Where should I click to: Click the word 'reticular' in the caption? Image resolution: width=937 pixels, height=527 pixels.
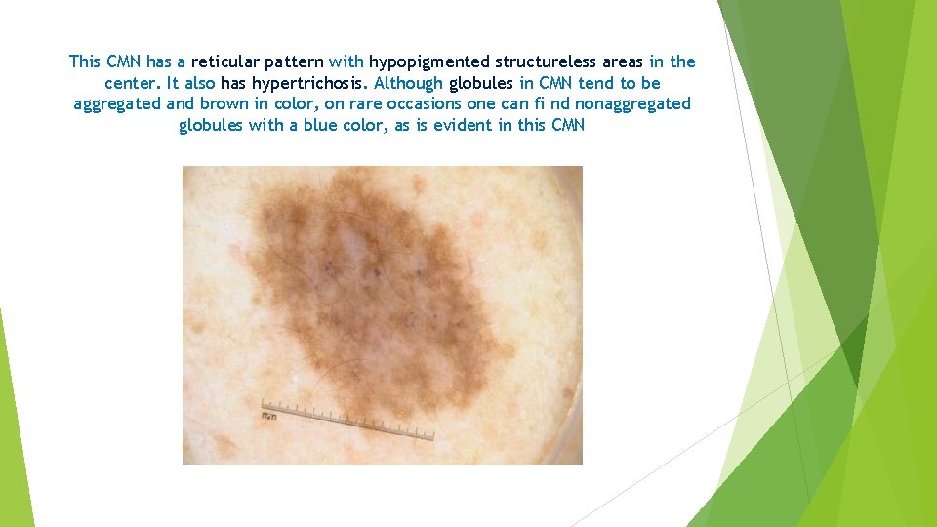click(224, 61)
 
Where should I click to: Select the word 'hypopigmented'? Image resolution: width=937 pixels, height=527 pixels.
click(428, 61)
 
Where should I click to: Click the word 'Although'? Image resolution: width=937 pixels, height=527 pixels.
click(409, 83)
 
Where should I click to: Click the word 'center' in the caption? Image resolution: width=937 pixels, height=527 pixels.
click(133, 83)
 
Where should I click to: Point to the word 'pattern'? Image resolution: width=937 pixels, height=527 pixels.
click(293, 61)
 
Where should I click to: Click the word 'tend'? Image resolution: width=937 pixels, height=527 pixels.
click(596, 83)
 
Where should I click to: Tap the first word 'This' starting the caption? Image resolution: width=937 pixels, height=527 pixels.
click(85, 61)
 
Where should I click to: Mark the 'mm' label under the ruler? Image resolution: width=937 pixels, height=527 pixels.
click(268, 417)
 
